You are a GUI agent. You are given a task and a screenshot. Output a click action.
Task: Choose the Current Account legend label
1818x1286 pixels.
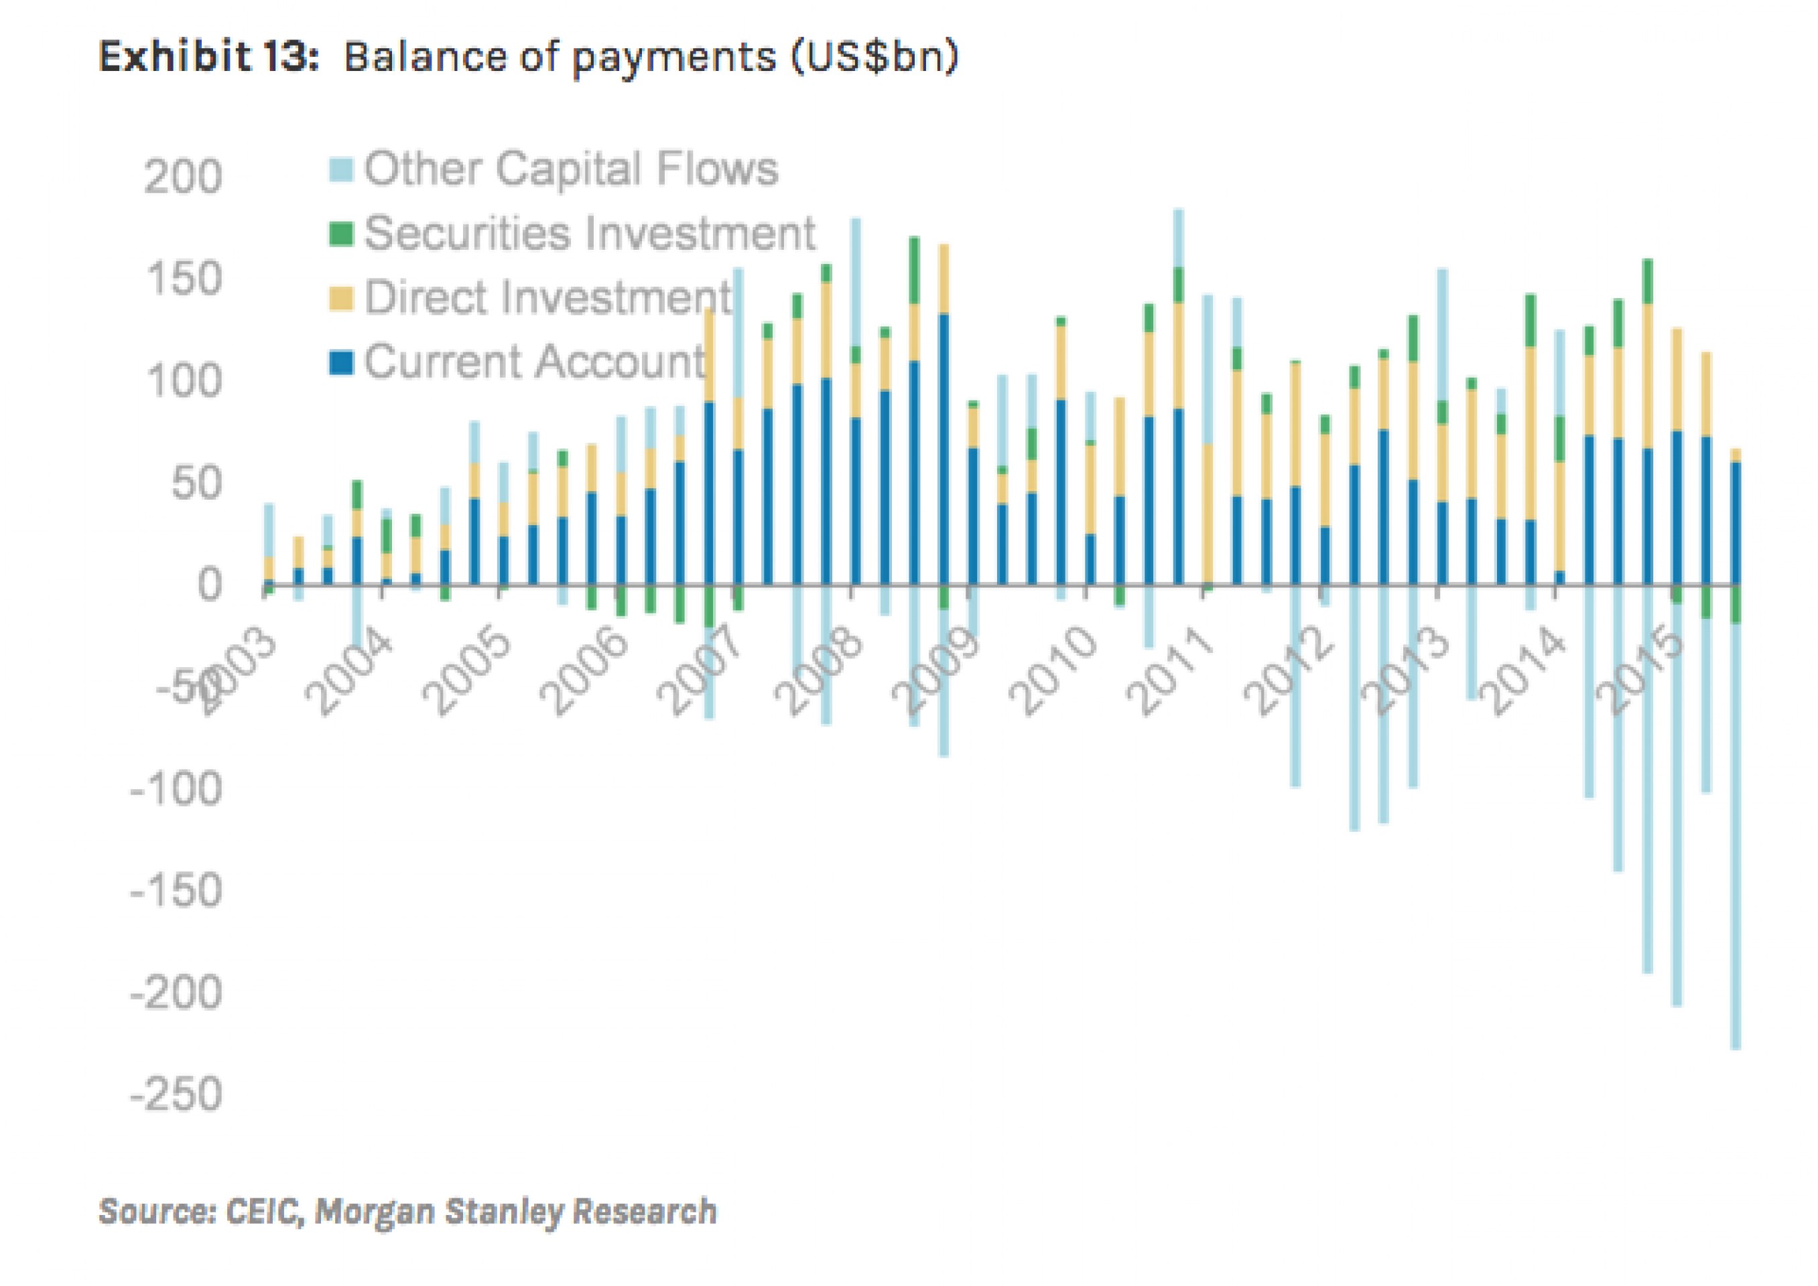[x=535, y=362]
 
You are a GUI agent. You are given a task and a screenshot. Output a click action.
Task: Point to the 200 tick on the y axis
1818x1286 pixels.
[x=183, y=177]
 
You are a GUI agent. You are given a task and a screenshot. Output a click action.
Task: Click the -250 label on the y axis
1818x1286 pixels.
[x=176, y=1095]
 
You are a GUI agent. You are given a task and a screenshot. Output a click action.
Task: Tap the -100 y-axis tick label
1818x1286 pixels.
[x=176, y=790]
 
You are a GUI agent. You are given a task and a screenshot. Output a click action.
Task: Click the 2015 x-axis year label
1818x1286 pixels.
[x=1640, y=673]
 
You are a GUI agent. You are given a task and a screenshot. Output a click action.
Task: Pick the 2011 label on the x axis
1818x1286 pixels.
[x=1170, y=673]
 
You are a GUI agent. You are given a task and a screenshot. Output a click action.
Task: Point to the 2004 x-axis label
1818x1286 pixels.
[x=348, y=673]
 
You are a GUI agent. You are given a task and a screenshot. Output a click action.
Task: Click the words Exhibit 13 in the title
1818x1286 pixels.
[x=208, y=57]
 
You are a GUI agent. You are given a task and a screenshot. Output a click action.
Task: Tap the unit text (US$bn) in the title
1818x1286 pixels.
[x=874, y=57]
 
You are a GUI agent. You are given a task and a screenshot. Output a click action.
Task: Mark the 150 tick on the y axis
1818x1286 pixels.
[x=183, y=279]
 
